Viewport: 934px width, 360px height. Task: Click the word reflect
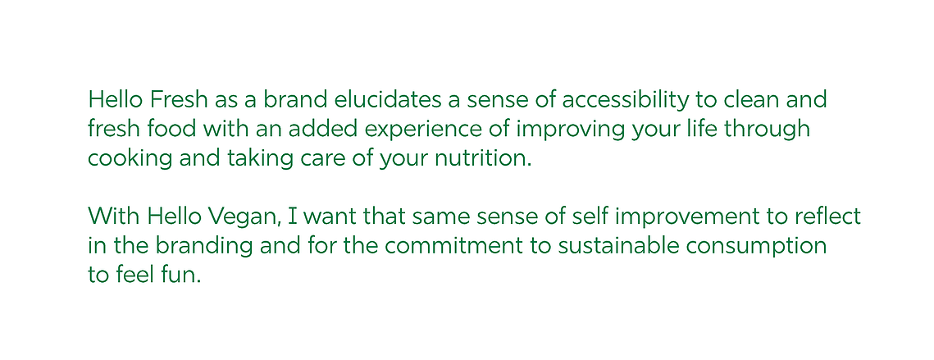tap(828, 216)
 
